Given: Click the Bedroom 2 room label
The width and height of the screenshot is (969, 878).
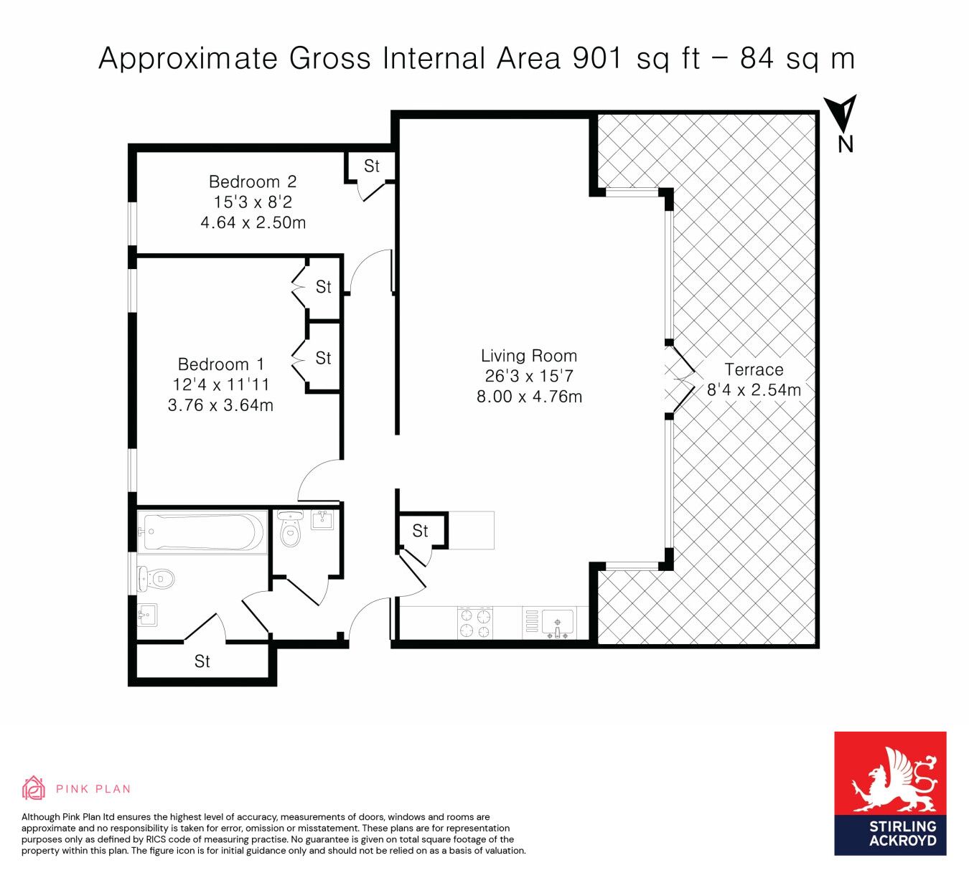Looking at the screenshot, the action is (x=253, y=181).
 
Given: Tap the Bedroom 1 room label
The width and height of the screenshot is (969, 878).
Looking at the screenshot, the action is (x=221, y=364).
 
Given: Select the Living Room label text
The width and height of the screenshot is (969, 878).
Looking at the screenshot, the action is (x=529, y=356).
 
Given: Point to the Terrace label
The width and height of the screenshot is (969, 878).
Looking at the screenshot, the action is (x=754, y=369).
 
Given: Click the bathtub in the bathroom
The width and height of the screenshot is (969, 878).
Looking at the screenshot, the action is (x=202, y=532).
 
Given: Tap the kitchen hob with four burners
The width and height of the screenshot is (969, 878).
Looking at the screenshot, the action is (x=476, y=623).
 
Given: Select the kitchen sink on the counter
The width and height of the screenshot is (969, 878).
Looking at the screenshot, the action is (x=558, y=623).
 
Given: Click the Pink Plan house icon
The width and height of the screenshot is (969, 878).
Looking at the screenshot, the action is (x=33, y=788).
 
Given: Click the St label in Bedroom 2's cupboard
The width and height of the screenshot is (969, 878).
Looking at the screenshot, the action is (x=372, y=166).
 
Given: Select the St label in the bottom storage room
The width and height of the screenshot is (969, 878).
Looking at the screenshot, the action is (x=202, y=661).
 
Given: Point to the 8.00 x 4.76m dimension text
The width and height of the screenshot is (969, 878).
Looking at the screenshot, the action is (x=529, y=397).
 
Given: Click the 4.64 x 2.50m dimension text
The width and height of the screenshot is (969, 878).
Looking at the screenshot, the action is (x=253, y=222).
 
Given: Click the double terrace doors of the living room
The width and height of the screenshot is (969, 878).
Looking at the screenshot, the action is (x=679, y=379).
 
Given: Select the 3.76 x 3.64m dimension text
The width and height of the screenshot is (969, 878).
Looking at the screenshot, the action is (x=220, y=405).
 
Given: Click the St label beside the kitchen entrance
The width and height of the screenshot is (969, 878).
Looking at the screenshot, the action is (x=420, y=532).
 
